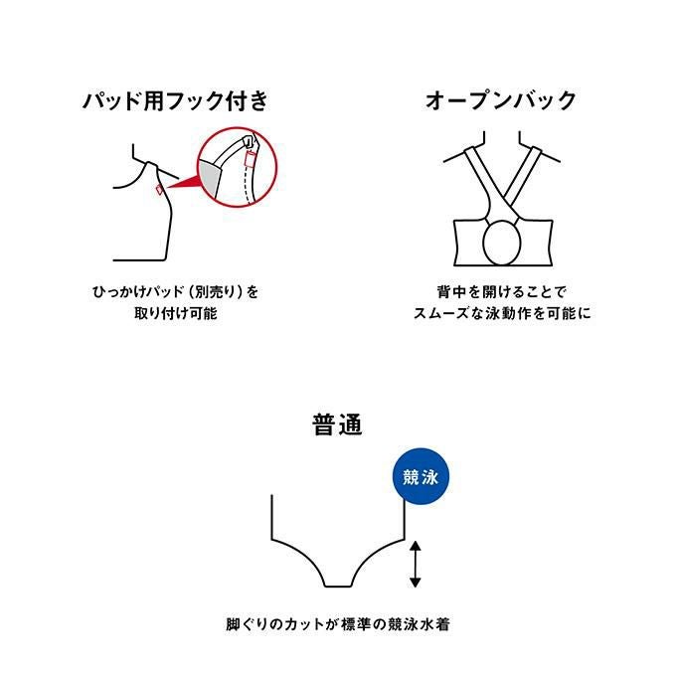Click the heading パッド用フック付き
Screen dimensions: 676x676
(x=176, y=100)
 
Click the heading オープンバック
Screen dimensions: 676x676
(x=501, y=100)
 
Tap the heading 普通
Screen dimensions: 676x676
(x=338, y=424)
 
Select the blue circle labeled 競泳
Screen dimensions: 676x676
(x=421, y=476)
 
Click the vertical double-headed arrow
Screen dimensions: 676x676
(x=415, y=565)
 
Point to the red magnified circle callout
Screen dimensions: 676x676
(x=238, y=167)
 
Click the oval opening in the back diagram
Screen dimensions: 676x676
(x=502, y=243)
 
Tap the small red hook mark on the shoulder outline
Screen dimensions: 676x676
(x=159, y=189)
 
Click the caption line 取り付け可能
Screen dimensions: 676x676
(x=176, y=313)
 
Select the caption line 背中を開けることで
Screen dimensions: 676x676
(x=501, y=292)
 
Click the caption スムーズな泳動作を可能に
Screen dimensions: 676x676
(x=502, y=313)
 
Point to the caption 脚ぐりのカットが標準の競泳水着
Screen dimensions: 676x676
(x=338, y=624)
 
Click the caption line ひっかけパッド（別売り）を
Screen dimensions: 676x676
(x=176, y=292)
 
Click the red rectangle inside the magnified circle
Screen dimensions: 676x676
(x=250, y=159)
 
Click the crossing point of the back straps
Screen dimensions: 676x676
(x=502, y=195)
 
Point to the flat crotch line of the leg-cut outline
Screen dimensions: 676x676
(x=338, y=587)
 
